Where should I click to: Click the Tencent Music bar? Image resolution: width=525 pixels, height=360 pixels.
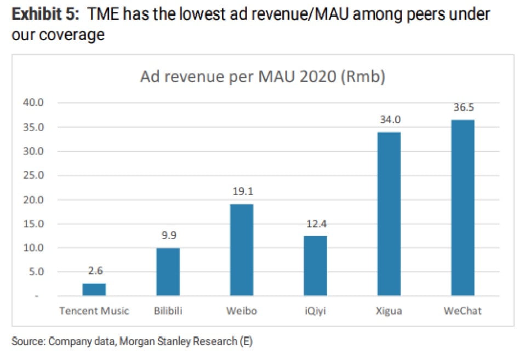[x=94, y=289]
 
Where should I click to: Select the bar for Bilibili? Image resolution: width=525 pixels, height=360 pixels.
[x=168, y=272]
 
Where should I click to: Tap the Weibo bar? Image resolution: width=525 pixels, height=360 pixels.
[x=242, y=250]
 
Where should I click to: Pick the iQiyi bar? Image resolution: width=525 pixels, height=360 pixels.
[x=315, y=266]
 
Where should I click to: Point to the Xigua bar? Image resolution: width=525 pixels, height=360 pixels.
[x=389, y=214]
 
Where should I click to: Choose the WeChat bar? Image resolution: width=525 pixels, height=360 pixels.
[x=463, y=208]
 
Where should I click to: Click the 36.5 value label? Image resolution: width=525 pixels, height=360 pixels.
[x=463, y=108]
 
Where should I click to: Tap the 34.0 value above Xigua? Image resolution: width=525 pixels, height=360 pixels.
[x=389, y=120]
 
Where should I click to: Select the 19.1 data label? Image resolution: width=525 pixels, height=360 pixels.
[x=242, y=192]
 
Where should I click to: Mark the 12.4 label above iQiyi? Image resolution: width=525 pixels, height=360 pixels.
[x=315, y=225]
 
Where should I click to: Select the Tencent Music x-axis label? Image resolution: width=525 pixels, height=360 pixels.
[x=94, y=311]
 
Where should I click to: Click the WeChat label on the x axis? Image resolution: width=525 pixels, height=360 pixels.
[x=463, y=311]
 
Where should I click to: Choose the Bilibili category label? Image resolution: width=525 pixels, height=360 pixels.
[x=168, y=311]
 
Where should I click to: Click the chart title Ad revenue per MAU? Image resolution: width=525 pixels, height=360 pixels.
[x=262, y=77]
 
